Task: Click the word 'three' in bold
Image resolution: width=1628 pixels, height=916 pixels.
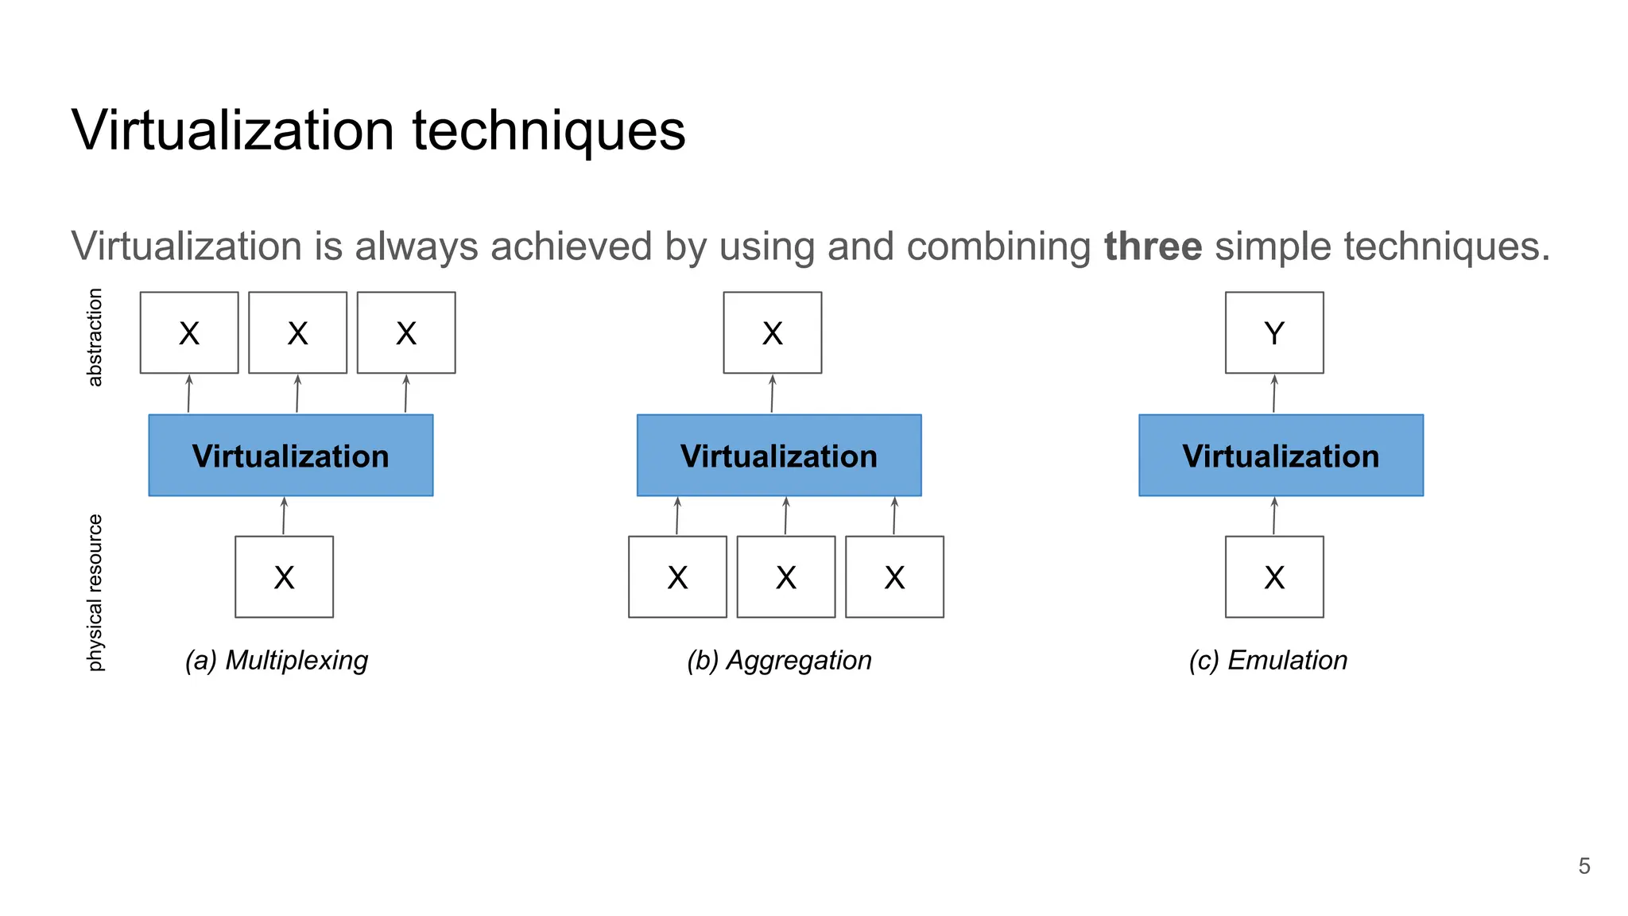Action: tap(1153, 246)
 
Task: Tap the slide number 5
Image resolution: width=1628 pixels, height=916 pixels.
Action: tap(1583, 866)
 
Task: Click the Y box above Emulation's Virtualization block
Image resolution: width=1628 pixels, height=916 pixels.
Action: tap(1273, 332)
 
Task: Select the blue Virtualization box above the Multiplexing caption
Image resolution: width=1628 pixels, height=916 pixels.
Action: tap(290, 456)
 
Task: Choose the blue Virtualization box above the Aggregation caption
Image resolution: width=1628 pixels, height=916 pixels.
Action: tap(778, 456)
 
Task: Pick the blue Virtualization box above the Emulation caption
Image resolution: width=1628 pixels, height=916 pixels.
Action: tap(1281, 456)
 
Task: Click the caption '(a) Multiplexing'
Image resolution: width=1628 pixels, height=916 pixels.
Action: tap(276, 660)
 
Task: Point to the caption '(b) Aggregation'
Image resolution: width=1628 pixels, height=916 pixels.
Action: tap(779, 660)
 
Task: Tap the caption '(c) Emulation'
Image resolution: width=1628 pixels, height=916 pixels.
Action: tap(1268, 660)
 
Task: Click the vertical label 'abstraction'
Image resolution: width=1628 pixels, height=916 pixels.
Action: tap(95, 337)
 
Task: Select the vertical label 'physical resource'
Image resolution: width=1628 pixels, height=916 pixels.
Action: tap(95, 592)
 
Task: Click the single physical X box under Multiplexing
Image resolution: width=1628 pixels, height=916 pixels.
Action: tap(284, 576)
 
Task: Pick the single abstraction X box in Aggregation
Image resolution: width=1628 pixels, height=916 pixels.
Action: tap(772, 332)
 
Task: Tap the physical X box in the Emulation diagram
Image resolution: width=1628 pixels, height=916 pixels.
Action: tap(1273, 576)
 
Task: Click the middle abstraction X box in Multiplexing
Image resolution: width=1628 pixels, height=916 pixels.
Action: tap(297, 332)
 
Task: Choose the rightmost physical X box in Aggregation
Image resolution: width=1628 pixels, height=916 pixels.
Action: tap(894, 576)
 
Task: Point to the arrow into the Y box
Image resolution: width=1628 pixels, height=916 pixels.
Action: tap(1274, 394)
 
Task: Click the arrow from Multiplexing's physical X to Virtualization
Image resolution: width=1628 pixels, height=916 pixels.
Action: tap(284, 516)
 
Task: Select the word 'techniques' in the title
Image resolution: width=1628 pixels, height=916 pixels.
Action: tap(548, 130)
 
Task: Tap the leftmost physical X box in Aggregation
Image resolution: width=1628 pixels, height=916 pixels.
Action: tap(677, 576)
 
